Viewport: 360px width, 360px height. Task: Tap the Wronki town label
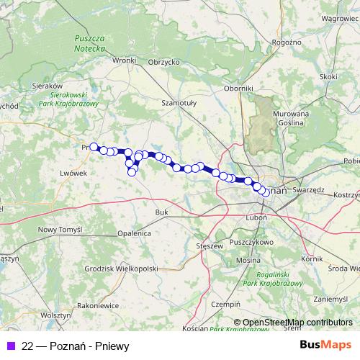[x=124, y=61]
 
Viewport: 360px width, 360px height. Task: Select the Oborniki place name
[x=238, y=88]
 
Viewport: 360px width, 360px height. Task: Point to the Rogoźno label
[x=287, y=42]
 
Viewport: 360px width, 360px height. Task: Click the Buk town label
[x=162, y=212]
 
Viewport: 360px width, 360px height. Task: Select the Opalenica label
[x=135, y=234]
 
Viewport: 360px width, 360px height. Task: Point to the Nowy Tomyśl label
[x=58, y=229]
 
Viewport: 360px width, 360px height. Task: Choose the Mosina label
[x=248, y=259]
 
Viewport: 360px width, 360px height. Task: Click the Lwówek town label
[x=74, y=174]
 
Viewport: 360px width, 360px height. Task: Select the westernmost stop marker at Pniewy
[x=94, y=147]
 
